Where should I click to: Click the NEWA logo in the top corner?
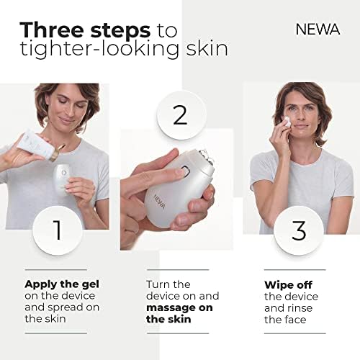pyautogui.click(x=318, y=30)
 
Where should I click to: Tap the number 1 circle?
pyautogui.click(x=58, y=230)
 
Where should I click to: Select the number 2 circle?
pyautogui.click(x=181, y=115)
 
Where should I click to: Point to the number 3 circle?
pyautogui.click(x=299, y=230)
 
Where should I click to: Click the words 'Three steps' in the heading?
pyautogui.click(x=85, y=30)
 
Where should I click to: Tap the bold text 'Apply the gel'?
pyautogui.click(x=62, y=284)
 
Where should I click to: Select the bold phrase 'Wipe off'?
pyautogui.click(x=288, y=285)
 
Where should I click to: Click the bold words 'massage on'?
pyautogui.click(x=179, y=307)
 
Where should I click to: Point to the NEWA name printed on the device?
pyautogui.click(x=159, y=202)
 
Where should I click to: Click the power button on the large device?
pyautogui.click(x=184, y=171)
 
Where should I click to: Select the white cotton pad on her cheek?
pyautogui.click(x=287, y=121)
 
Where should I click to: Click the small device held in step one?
pyautogui.click(x=62, y=178)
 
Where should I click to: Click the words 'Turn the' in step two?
pyautogui.click(x=168, y=284)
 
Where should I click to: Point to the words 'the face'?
pyautogui.click(x=285, y=320)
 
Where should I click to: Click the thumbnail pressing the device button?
pyautogui.click(x=181, y=171)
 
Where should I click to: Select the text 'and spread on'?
pyautogui.click(x=62, y=308)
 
